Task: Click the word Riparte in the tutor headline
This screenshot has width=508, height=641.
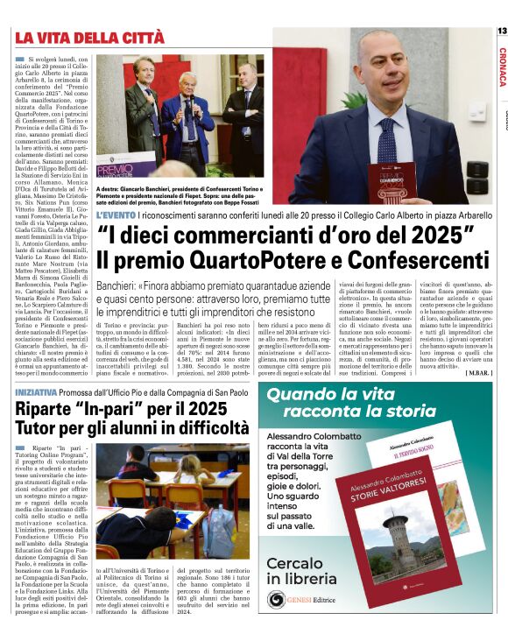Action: click(47, 410)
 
